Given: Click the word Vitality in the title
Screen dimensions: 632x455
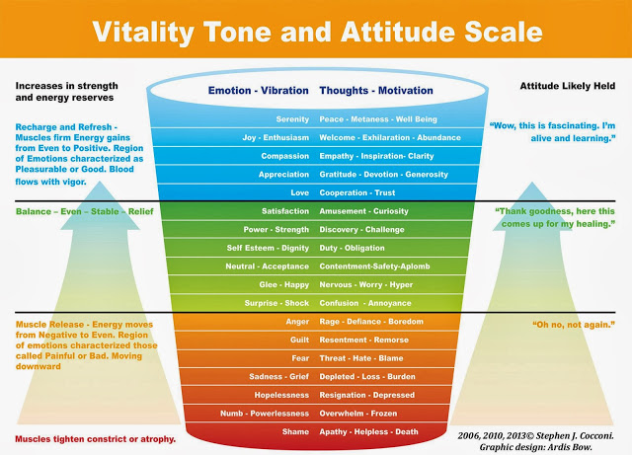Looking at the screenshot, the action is pos(143,33).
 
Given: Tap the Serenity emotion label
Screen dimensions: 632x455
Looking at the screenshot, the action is pos(292,119).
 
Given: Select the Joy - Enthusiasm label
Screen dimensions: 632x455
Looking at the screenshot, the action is pos(276,137).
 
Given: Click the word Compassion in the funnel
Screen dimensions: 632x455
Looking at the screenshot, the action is pos(285,156).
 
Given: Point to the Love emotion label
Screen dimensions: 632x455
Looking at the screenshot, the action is pos(299,192).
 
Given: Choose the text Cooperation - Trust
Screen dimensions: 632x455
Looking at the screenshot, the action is pos(357,192).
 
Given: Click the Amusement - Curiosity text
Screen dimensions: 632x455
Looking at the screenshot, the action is pos(363,211).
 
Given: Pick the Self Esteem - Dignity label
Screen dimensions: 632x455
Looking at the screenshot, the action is pos(268,248).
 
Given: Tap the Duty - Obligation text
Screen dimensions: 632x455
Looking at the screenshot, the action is pos(352,248).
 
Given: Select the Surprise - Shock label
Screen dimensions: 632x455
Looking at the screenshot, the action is pos(276,303).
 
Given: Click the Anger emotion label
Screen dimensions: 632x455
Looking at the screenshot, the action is pos(297,322).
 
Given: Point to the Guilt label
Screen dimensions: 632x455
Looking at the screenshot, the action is pos(299,340).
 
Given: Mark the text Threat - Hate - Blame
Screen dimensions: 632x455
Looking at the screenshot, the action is pos(361,358).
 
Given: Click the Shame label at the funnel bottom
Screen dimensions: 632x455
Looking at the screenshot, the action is pos(295,431).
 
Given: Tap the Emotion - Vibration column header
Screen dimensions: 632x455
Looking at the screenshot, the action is pos(259,90).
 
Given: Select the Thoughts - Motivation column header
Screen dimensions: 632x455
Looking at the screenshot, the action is pos(376,90).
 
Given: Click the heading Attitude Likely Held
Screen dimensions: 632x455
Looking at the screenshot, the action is pos(568,86).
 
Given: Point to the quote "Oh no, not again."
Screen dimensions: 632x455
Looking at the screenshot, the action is pos(574,325).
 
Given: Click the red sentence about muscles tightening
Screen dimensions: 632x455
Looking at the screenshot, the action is pos(95,439).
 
